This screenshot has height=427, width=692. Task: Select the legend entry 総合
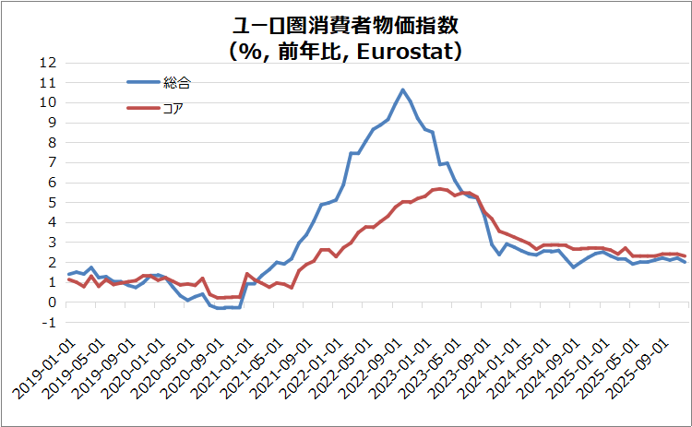coord(176,83)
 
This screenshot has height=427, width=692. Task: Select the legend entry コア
coord(173,109)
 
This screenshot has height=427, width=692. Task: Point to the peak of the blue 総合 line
coord(402,89)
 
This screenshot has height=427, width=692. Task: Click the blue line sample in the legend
coord(142,82)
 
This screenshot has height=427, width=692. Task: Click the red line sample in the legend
coord(142,109)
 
